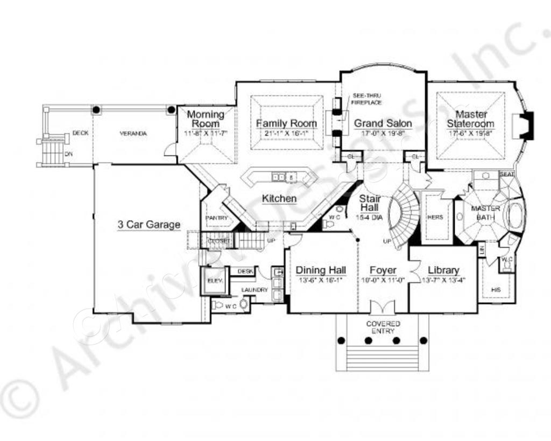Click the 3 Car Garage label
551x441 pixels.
[x=149, y=225]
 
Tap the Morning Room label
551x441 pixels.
[x=206, y=119]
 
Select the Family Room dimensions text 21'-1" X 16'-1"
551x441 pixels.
[x=286, y=133]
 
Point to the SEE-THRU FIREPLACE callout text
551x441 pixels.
[x=366, y=99]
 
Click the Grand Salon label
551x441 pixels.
[x=383, y=123]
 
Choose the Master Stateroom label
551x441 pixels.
[x=470, y=119]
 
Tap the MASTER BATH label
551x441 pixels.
[x=485, y=212]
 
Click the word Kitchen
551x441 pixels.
[x=279, y=199]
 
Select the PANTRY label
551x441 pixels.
[x=216, y=218]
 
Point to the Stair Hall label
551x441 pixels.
[x=370, y=203]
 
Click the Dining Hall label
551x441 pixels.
[x=321, y=270]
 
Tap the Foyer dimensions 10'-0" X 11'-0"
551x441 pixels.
[x=383, y=280]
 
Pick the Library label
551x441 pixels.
[x=443, y=270]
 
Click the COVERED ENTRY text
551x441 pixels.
[x=383, y=327]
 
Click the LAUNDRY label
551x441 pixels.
[x=255, y=290]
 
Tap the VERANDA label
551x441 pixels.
[x=133, y=134]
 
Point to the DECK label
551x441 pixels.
[x=80, y=133]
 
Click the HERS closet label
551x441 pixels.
[x=435, y=218]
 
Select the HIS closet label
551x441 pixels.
[x=496, y=290]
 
